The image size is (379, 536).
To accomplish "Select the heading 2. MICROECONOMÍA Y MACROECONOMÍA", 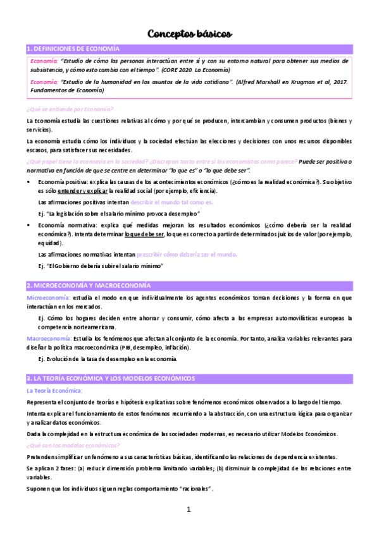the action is (x=88, y=285).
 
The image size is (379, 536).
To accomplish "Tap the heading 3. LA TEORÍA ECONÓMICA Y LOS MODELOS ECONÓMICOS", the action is (x=111, y=378).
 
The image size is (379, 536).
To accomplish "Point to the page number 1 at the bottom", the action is (x=189, y=509).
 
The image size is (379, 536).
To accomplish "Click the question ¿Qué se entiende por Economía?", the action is (x=66, y=109).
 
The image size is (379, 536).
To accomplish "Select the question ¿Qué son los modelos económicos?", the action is (x=70, y=445).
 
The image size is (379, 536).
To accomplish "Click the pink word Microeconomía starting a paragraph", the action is (x=48, y=297).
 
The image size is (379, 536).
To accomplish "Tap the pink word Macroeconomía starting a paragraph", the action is (x=49, y=338).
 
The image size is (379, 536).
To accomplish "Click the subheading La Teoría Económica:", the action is (x=55, y=391).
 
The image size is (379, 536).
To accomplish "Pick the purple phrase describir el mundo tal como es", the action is (x=171, y=202).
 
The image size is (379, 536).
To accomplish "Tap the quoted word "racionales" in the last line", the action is (x=195, y=489).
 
